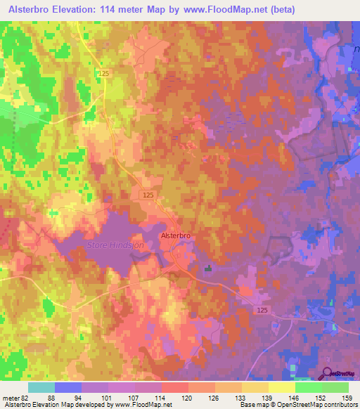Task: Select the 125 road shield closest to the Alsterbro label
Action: (147, 195)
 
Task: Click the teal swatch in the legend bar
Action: (41, 387)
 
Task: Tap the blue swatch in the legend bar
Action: (68, 387)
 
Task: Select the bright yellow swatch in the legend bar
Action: (281, 387)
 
